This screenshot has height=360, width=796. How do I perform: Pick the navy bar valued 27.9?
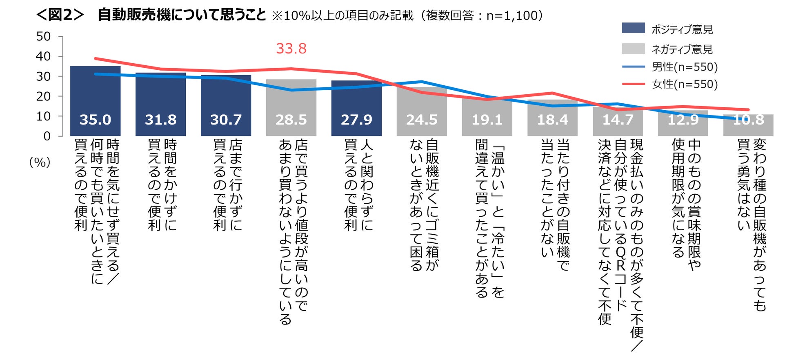tap(356, 108)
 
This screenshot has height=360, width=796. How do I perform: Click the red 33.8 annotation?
tap(291, 49)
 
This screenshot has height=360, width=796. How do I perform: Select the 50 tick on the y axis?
tap(43, 36)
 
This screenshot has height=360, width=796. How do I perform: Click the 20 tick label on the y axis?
tap(43, 96)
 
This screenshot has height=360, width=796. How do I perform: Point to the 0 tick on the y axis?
tap(47, 136)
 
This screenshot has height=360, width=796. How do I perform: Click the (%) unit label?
tap(40, 162)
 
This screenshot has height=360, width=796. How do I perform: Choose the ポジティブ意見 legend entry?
tap(682, 29)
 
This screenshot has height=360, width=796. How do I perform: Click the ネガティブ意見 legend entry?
tap(682, 49)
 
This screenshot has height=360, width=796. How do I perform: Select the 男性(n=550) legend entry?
tap(685, 67)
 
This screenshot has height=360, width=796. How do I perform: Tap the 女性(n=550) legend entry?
tap(685, 84)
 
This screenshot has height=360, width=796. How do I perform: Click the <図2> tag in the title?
tap(60, 15)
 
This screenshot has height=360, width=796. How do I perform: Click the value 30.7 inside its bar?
tap(226, 120)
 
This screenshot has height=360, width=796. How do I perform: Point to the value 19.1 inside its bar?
tap(487, 120)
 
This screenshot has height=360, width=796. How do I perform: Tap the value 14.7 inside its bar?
tap(618, 120)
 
